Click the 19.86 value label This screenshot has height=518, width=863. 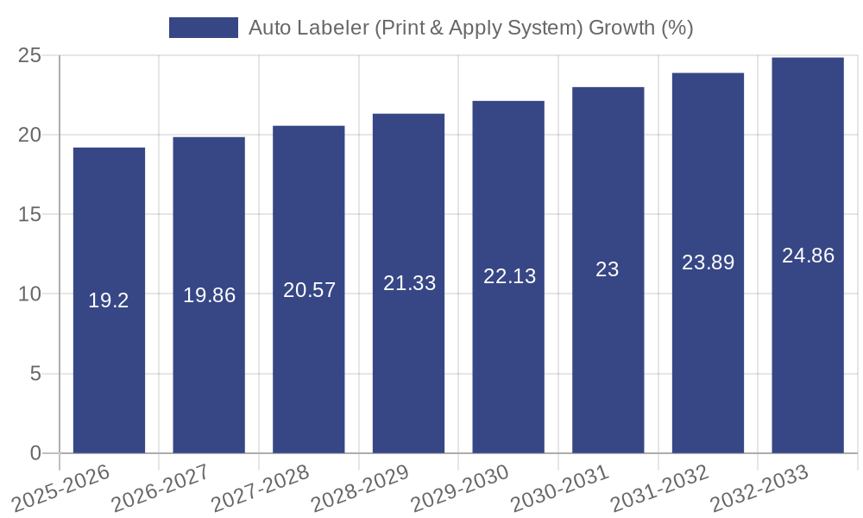209,295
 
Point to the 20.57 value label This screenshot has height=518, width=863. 309,290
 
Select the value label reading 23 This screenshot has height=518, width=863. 608,269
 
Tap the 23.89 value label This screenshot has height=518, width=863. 708,262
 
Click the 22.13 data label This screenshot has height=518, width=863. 509,276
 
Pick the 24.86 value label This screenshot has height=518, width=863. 808,256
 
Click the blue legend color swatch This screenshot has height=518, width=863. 204,28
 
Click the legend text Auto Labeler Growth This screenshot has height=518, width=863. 470,28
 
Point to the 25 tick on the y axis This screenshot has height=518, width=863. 29,56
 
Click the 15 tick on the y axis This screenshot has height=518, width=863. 29,215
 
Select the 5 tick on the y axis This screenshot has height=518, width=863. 35,374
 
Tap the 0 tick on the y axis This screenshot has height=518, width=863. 35,453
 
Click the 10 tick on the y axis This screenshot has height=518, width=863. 29,294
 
